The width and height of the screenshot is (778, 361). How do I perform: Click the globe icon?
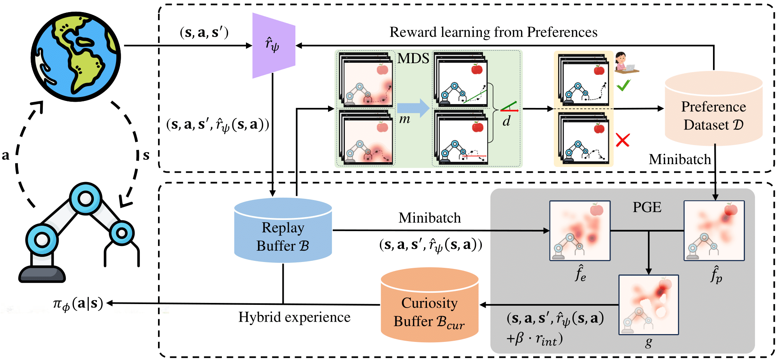76,57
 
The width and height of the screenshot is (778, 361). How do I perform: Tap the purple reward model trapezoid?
274,45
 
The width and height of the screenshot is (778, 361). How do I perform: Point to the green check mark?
623,85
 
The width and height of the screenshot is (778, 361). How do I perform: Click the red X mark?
623,140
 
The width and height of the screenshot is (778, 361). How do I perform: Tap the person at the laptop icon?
625,63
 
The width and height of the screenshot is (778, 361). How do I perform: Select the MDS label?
413,58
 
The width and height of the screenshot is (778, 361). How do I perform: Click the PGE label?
647,207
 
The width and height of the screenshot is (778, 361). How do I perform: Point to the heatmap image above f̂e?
580,230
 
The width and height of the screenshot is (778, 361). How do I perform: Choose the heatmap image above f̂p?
714,230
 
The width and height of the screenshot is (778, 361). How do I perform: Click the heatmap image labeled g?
648,304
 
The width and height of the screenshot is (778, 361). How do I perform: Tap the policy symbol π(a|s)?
78,304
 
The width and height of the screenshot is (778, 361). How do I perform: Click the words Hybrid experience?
294,317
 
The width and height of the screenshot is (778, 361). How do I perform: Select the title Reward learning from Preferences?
493,32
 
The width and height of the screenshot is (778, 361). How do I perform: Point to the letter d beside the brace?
506,121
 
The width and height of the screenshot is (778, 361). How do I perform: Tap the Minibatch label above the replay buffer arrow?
429,218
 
